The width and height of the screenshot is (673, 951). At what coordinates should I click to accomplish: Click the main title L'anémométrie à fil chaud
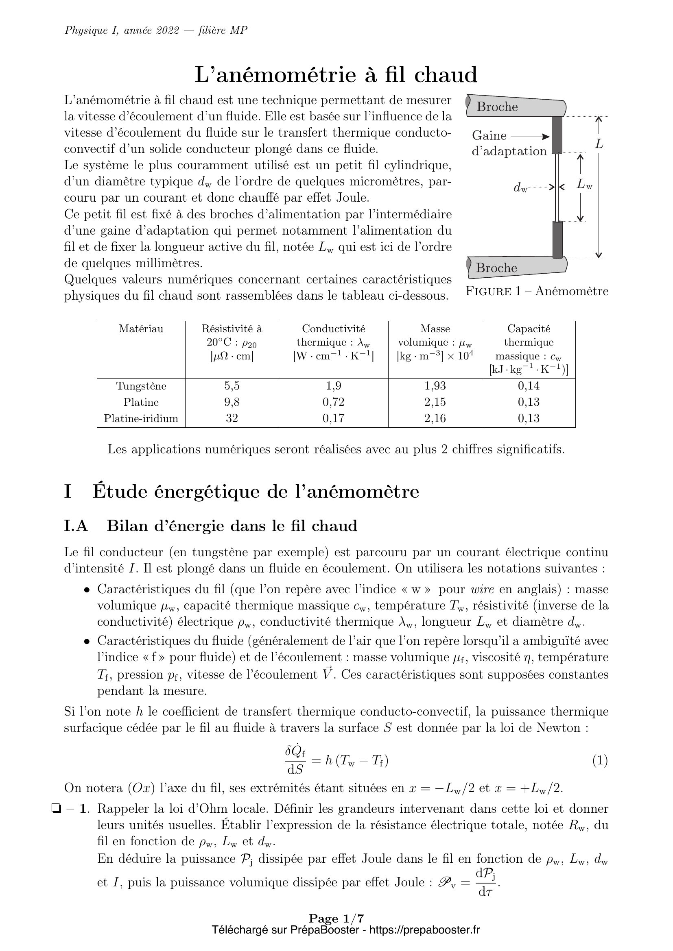point(336,75)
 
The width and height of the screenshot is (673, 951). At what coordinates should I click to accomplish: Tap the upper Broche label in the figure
point(497,107)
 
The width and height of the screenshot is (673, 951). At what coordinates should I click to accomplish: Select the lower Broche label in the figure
point(496,268)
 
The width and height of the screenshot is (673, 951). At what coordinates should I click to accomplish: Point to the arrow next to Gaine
point(530,136)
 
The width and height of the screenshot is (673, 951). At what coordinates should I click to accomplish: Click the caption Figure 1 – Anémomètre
point(537,291)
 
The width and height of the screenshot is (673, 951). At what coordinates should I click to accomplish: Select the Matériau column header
point(141,329)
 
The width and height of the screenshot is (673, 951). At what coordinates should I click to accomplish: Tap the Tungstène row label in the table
point(141,386)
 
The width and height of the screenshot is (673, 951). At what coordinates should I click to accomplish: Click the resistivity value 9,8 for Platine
point(232,402)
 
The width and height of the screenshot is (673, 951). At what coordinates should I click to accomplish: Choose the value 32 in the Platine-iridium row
point(232,418)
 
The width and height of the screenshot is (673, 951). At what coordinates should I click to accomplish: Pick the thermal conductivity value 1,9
point(333,386)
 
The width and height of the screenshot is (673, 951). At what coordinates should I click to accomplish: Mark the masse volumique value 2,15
point(435,402)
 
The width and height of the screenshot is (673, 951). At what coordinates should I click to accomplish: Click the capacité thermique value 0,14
point(529,386)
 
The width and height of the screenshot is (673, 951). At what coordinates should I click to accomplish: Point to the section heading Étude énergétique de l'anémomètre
point(256,492)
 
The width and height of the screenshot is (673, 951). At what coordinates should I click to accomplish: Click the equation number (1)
point(600,760)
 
